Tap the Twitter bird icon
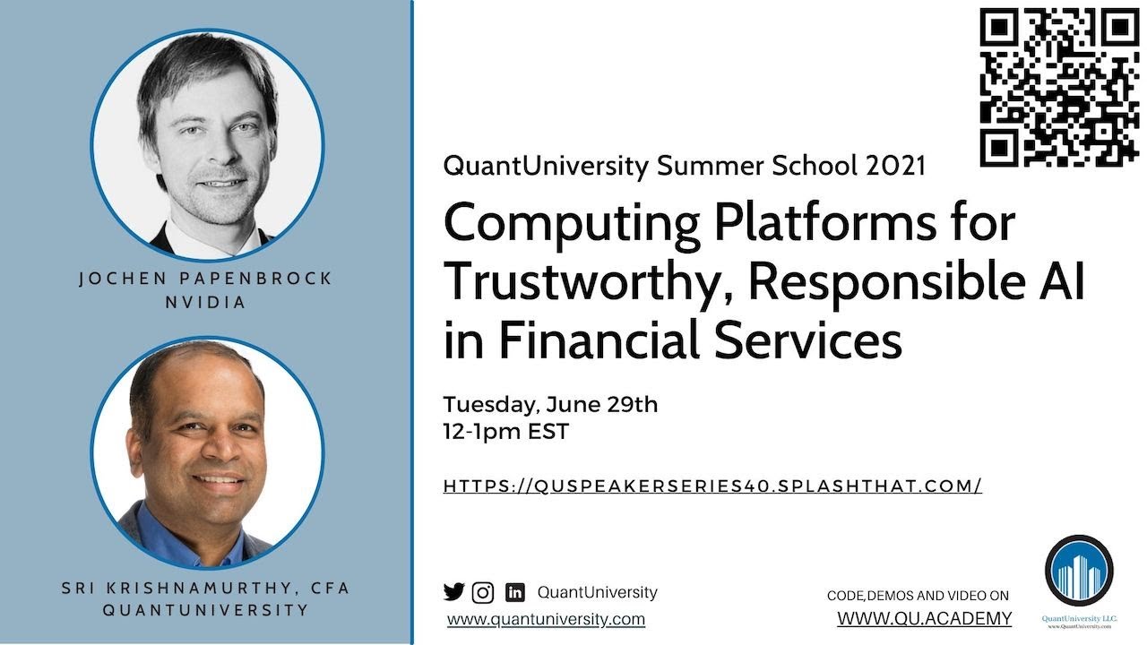pyautogui.click(x=454, y=592)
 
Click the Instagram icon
pyautogui.click(x=483, y=592)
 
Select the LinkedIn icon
pyautogui.click(x=514, y=592)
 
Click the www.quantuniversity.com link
pyautogui.click(x=546, y=619)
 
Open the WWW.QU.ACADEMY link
pyautogui.click(x=925, y=618)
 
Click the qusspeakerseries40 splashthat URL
pyautogui.click(x=712, y=486)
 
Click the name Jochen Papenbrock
pyautogui.click(x=206, y=279)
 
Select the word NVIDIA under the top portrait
pyautogui.click(x=206, y=302)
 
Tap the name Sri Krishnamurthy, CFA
pyautogui.click(x=206, y=589)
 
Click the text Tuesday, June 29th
pyautogui.click(x=550, y=404)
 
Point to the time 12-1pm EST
pyautogui.click(x=505, y=431)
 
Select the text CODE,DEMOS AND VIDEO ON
pyautogui.click(x=918, y=596)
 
